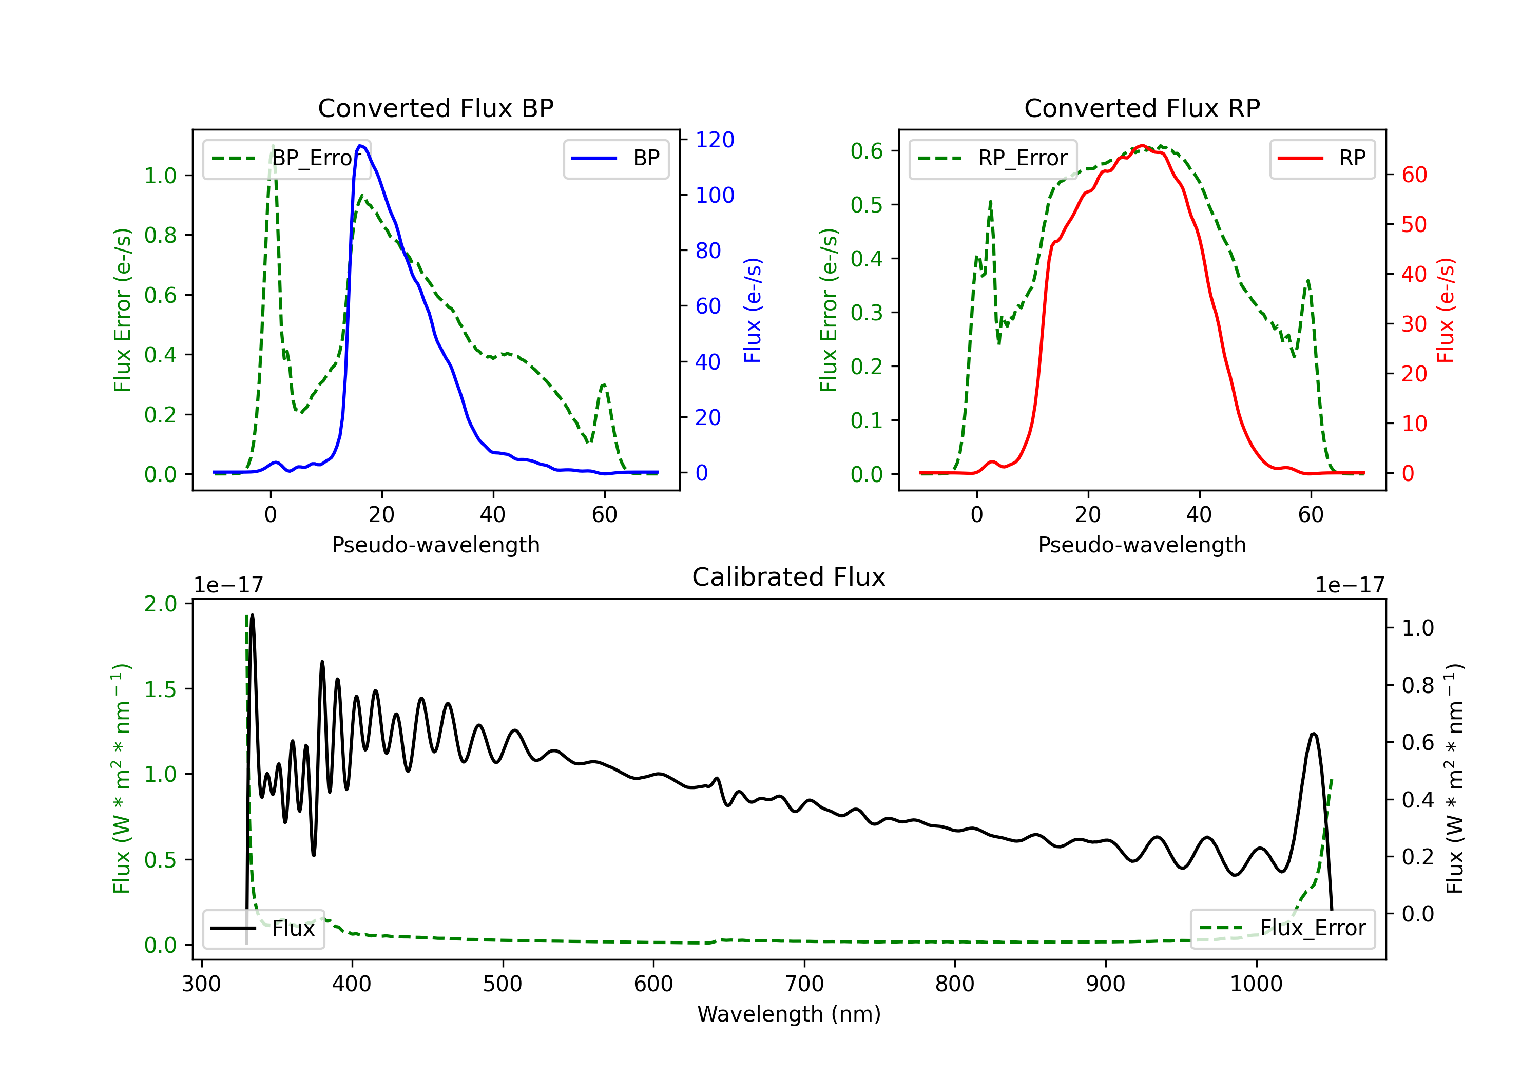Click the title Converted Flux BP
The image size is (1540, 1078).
[435, 108]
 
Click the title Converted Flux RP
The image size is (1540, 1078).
[1142, 108]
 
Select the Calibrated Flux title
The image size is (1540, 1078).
[789, 577]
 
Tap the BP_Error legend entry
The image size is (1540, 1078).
[286, 158]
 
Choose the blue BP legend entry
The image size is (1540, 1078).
[615, 158]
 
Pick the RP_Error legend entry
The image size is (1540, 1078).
[993, 158]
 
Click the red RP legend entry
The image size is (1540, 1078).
[1322, 158]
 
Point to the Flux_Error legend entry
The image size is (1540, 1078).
[1282, 929]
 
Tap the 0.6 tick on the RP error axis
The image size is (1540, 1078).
[867, 151]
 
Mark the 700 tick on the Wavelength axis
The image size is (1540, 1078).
[804, 984]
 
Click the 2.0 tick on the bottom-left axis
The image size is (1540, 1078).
[160, 604]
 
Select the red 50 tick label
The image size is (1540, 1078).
[1414, 225]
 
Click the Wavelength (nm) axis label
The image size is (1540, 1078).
[789, 1014]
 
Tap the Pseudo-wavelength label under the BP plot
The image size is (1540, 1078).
[435, 545]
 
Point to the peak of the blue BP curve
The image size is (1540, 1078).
[361, 146]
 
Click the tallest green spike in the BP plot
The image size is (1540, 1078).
[272, 146]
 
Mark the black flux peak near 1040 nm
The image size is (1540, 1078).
[1313, 734]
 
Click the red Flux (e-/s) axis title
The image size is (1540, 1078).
[1446, 310]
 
